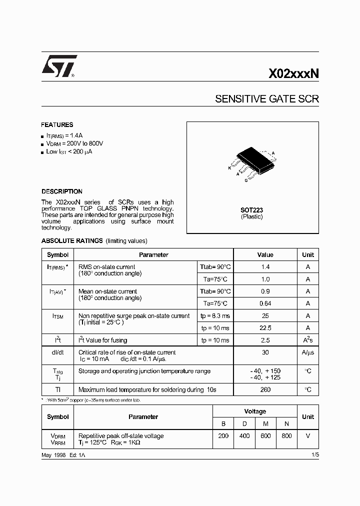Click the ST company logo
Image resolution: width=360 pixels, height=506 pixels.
[x=59, y=67]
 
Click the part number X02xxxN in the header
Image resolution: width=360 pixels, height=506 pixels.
[x=293, y=74]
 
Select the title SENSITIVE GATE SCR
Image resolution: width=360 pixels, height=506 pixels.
[x=266, y=99]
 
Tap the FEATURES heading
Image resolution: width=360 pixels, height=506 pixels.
[x=57, y=125]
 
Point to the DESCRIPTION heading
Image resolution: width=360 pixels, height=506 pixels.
[x=62, y=191]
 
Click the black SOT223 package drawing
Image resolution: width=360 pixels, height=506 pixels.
[x=253, y=156]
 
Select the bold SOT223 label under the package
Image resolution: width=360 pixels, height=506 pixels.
[x=252, y=210]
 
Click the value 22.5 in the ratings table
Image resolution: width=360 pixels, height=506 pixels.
[x=265, y=328]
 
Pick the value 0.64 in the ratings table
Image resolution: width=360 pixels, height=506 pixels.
[x=265, y=303]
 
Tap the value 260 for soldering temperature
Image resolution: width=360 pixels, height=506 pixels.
[x=265, y=389]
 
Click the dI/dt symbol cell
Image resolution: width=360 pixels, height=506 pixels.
[x=57, y=352]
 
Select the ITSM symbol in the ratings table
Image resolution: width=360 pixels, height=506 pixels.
[x=57, y=316]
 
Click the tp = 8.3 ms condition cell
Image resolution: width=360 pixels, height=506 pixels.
[x=215, y=316]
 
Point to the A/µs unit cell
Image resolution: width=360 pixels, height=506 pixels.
[x=308, y=352]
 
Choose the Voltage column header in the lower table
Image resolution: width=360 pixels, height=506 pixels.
[x=255, y=411]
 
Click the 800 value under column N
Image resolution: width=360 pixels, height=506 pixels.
[x=286, y=436]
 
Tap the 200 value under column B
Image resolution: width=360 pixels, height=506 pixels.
[x=223, y=436]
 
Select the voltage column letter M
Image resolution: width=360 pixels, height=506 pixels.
[x=265, y=423]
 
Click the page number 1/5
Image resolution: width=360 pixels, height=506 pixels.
[x=314, y=454]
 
